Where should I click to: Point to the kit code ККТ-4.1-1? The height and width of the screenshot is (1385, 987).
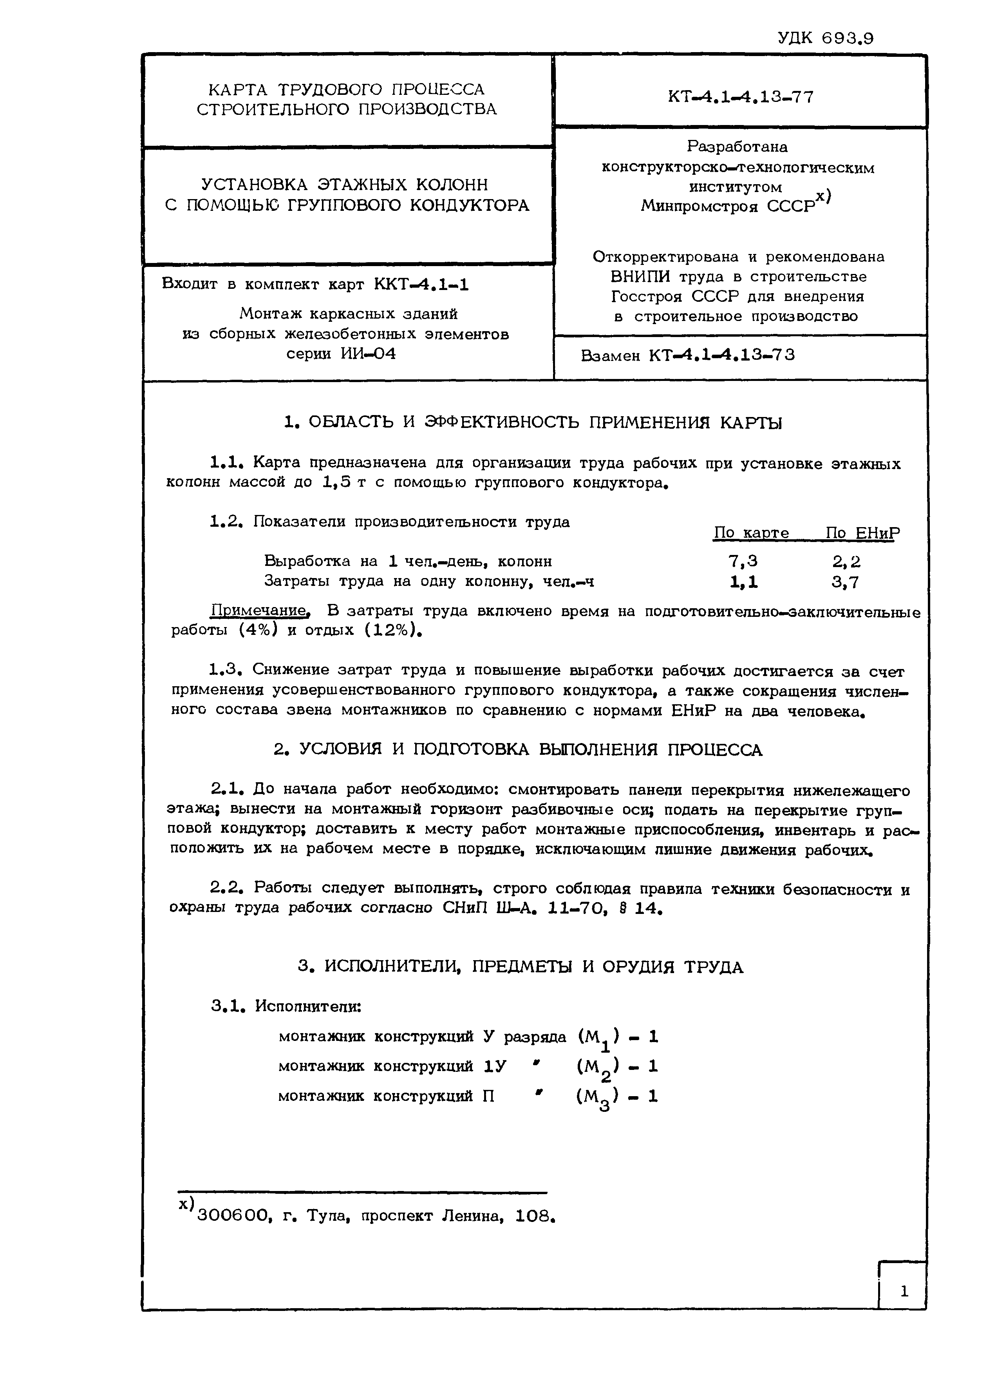pos(421,284)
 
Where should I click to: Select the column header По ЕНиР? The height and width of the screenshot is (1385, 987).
pos(862,533)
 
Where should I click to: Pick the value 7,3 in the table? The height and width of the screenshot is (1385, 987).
pos(743,560)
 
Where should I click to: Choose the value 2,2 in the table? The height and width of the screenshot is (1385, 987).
pos(846,560)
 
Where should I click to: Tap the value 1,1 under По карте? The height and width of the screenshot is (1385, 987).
pos(743,582)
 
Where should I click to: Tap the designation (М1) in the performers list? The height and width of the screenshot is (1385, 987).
pos(598,1038)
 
